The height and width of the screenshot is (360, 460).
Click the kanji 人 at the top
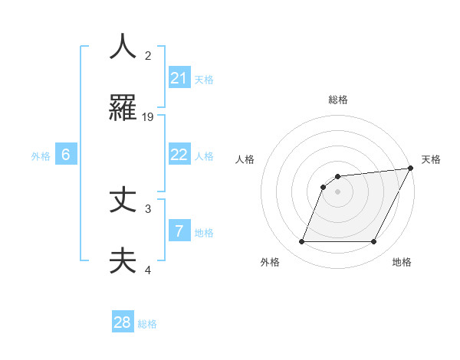click(x=123, y=47)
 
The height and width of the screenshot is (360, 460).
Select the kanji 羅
click(x=123, y=108)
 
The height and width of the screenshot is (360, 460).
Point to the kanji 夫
click(x=123, y=261)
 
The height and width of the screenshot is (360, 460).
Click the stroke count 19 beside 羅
click(x=148, y=116)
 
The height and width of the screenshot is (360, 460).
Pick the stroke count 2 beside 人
click(x=148, y=55)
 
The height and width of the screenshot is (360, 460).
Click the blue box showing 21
click(x=179, y=77)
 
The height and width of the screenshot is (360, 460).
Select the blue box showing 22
click(x=179, y=154)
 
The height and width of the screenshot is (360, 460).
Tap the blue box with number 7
click(x=179, y=231)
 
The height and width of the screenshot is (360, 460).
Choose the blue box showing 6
click(x=66, y=154)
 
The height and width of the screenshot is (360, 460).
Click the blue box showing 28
click(x=123, y=322)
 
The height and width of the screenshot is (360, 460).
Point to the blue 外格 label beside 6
click(x=41, y=156)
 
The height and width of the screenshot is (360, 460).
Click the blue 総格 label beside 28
click(x=147, y=325)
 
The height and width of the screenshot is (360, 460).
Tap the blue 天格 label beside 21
click(x=204, y=80)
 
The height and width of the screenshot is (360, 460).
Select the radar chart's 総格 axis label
click(x=338, y=100)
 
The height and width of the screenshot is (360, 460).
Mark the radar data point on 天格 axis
click(x=411, y=169)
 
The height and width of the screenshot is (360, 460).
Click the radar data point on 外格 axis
click(x=301, y=242)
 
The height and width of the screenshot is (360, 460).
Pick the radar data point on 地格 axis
click(x=374, y=242)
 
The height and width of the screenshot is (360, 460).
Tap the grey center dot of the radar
click(x=338, y=191)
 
